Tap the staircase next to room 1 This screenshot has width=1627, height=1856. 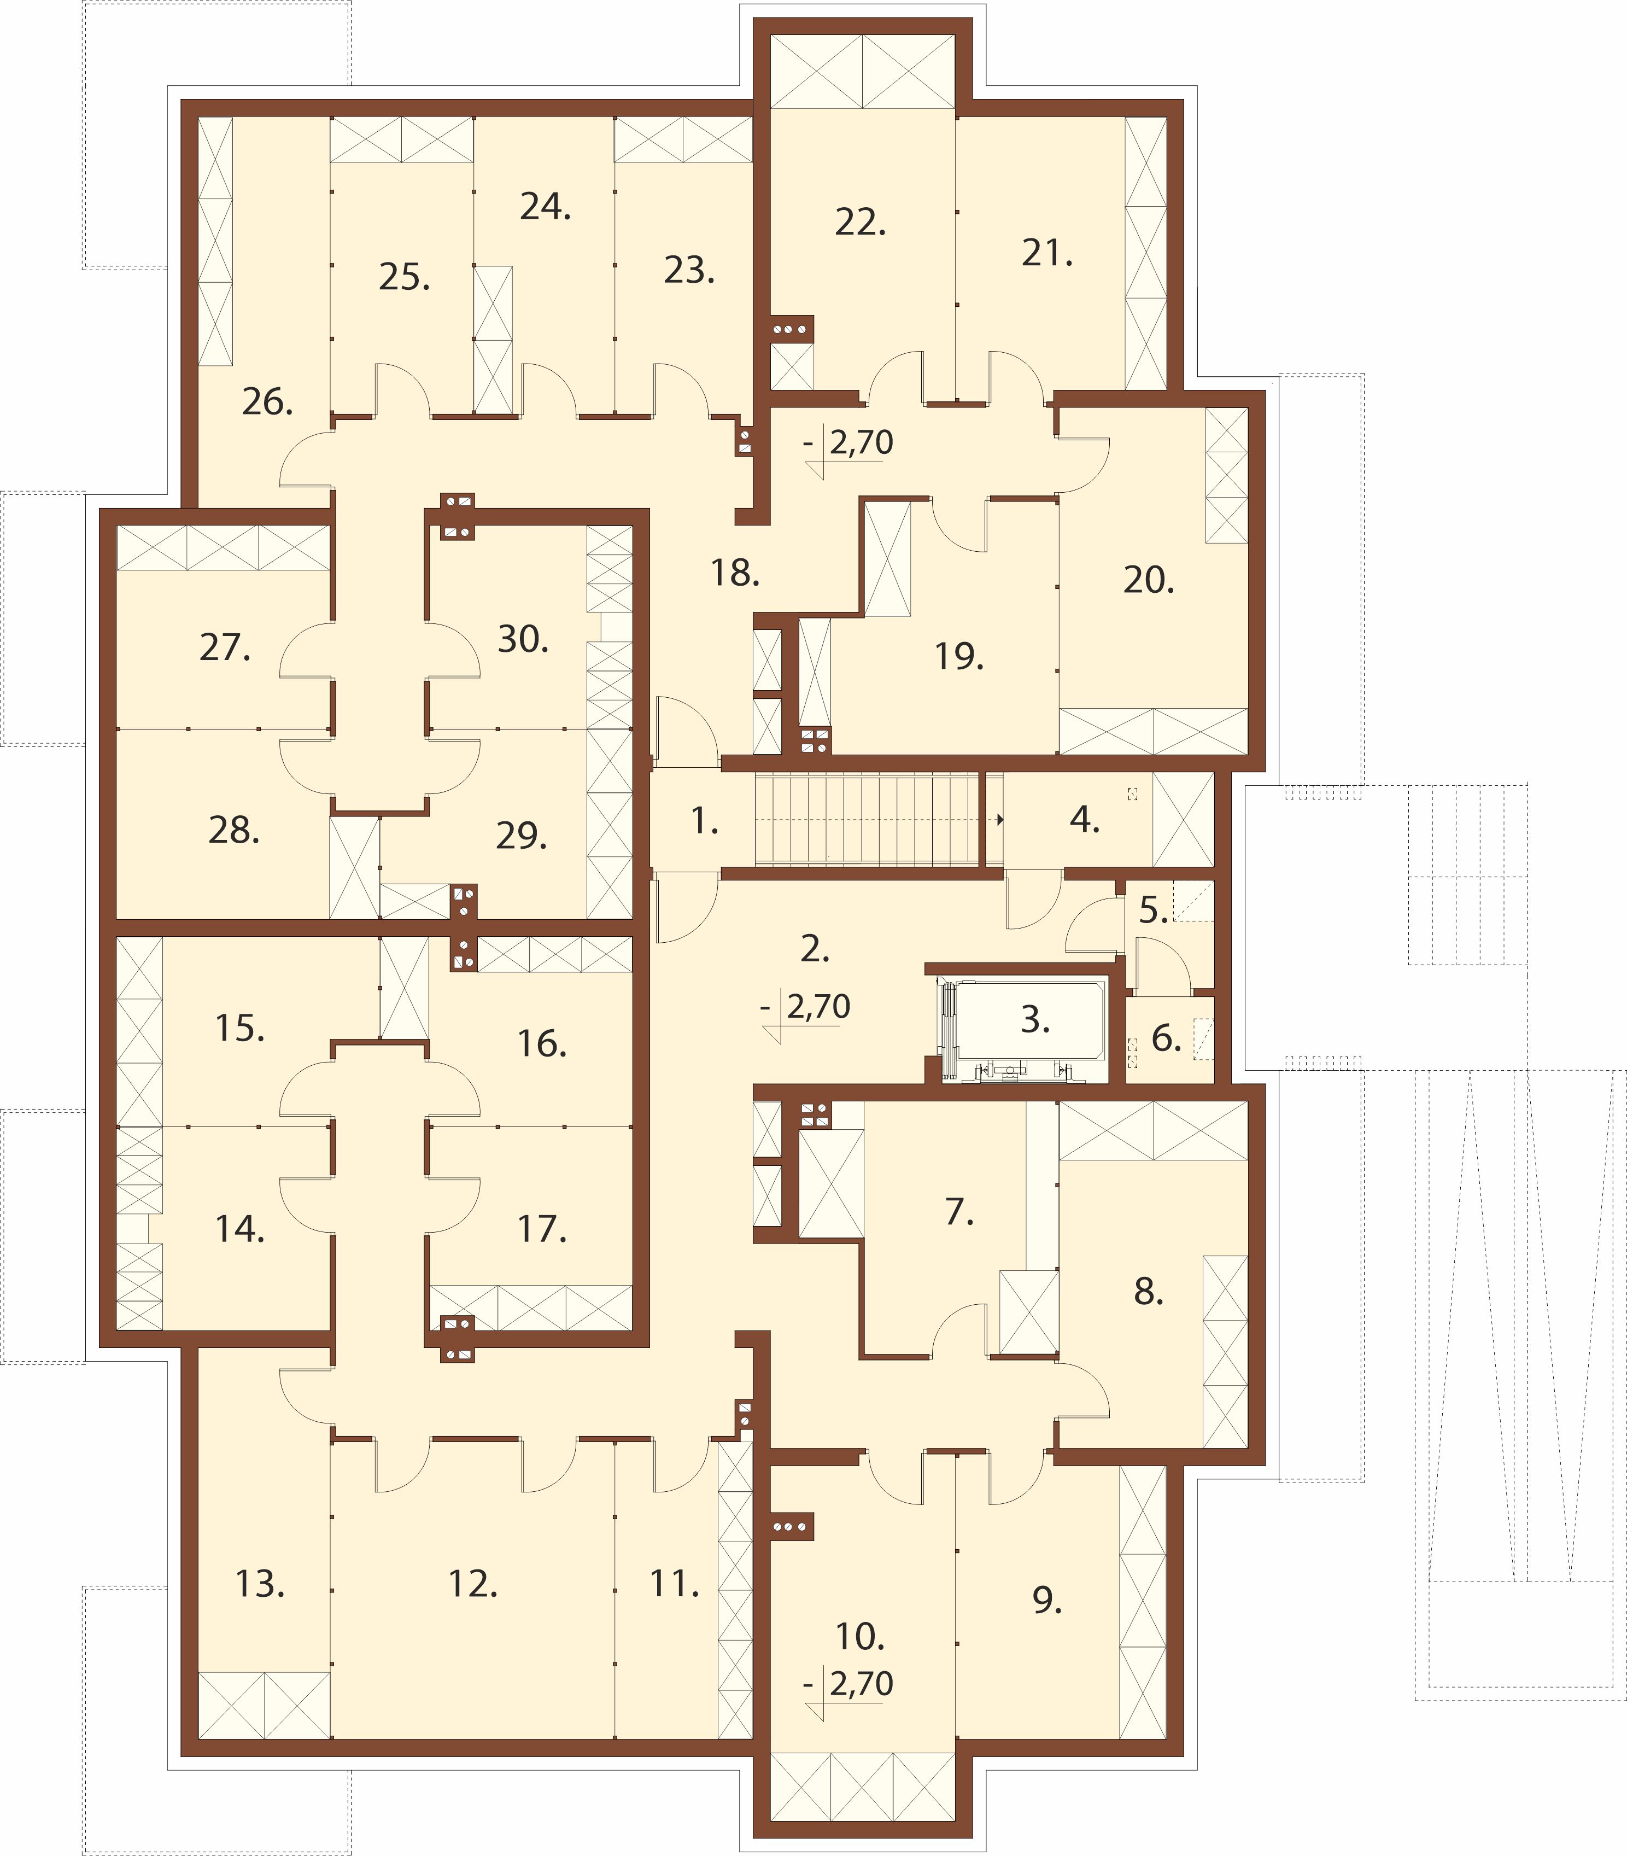pos(867,820)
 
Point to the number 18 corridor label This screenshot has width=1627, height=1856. pos(735,573)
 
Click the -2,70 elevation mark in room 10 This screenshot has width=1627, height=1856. pos(849,1684)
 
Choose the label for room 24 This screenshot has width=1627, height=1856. pos(546,207)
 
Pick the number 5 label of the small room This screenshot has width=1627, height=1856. pos(1153,910)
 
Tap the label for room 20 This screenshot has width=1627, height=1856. pos(1149,579)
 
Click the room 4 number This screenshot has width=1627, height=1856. pos(1084,819)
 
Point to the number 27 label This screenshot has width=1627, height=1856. pos(225,647)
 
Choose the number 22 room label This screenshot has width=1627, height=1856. pos(860,223)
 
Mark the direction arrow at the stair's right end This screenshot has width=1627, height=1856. pos(1000,820)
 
